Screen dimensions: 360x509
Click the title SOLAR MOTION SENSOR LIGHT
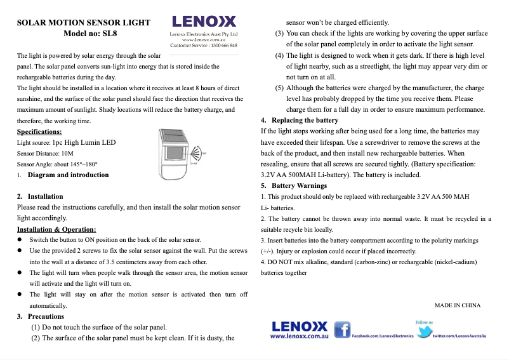(83, 22)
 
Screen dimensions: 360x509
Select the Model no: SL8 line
(89, 34)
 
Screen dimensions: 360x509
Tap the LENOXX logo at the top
(204, 21)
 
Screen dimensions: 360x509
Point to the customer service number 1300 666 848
(223, 46)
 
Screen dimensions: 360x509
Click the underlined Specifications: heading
(39, 131)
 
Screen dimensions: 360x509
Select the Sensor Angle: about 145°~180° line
(57, 164)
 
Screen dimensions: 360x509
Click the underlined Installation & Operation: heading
(56, 229)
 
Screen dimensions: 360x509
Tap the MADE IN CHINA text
(457, 305)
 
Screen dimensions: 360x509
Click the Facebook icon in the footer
(342, 330)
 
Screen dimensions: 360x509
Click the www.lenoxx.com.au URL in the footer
(298, 337)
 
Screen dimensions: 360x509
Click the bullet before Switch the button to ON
(20, 241)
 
